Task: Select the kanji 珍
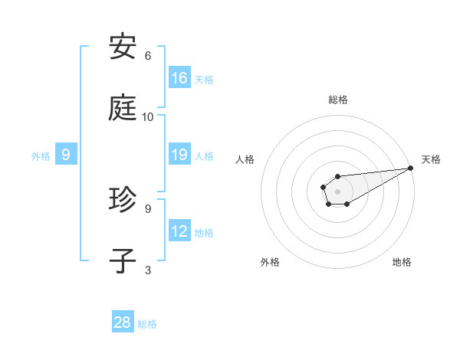[x=123, y=200]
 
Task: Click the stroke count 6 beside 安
[x=148, y=56]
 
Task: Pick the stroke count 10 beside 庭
[x=148, y=116]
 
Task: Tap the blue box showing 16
[x=179, y=77]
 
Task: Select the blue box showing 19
[x=179, y=155]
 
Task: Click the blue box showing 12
[x=179, y=231]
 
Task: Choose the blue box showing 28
[x=123, y=322]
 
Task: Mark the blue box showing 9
[x=66, y=155]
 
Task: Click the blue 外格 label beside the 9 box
[x=41, y=155]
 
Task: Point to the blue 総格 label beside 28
[x=147, y=324]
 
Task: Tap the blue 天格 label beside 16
[x=204, y=79]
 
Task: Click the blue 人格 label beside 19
[x=204, y=156]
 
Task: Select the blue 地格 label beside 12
[x=204, y=233]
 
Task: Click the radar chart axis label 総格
[x=338, y=100]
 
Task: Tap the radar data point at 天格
[x=409, y=169]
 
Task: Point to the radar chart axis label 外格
[x=270, y=262]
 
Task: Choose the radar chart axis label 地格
[x=402, y=262]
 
